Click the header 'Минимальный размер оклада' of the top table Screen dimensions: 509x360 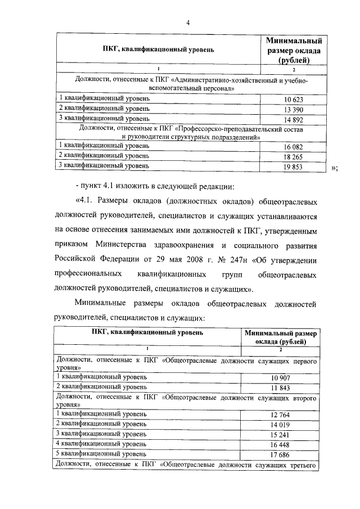pos(294,51)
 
